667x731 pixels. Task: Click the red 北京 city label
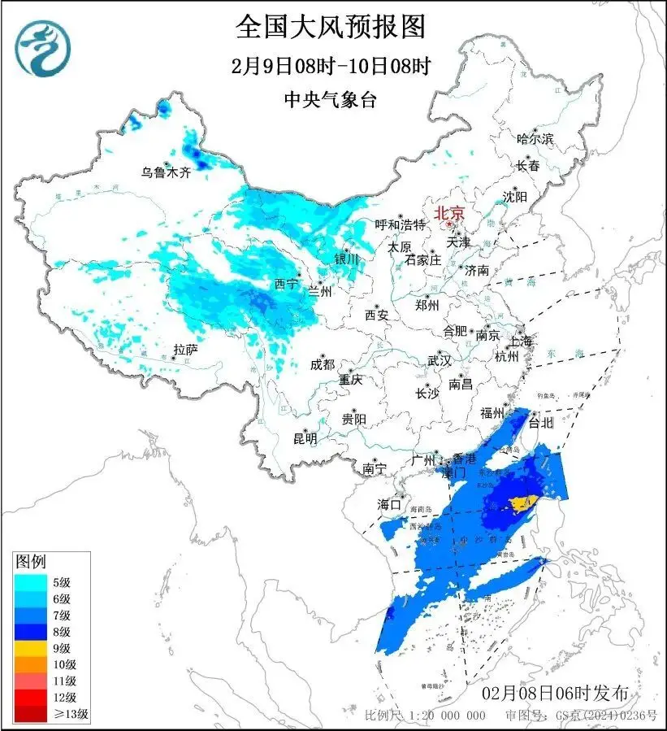pyautogui.click(x=449, y=213)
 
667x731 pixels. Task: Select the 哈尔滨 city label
pyautogui.click(x=535, y=139)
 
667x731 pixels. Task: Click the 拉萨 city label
pyautogui.click(x=185, y=350)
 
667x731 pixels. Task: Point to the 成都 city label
pyautogui.click(x=323, y=365)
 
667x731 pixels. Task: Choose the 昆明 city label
pyautogui.click(x=305, y=438)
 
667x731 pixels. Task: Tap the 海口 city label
pyautogui.click(x=390, y=505)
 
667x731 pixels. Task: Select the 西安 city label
pyautogui.click(x=376, y=314)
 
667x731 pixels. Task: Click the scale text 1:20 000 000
pyautogui.click(x=450, y=716)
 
